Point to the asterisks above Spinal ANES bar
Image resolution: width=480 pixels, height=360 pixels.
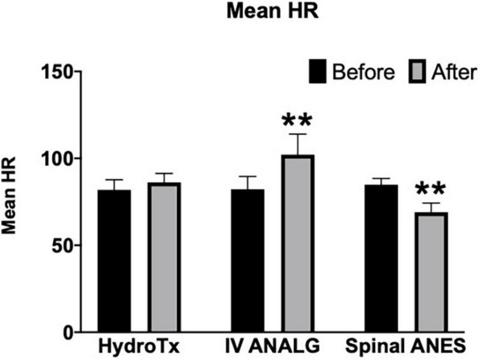point(431,190)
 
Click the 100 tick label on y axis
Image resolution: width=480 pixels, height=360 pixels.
point(59,158)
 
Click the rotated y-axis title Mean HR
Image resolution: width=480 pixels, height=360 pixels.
point(11,202)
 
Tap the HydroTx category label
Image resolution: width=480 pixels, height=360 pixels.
point(139,348)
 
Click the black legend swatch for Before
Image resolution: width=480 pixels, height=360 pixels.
point(318,71)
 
